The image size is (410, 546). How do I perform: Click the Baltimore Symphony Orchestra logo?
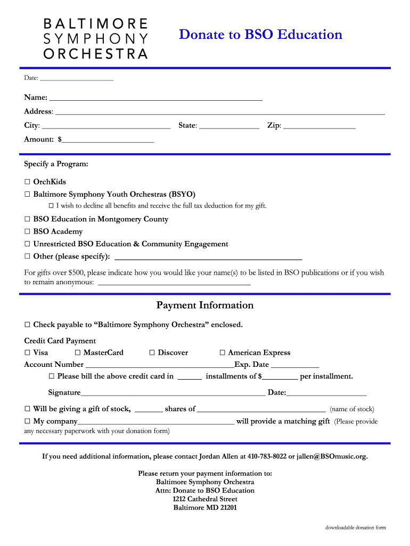point(95,38)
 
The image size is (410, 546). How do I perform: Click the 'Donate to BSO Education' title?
point(260,35)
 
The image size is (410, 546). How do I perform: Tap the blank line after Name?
point(155,98)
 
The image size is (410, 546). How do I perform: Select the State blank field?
point(229,126)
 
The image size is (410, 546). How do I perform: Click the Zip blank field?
point(319,126)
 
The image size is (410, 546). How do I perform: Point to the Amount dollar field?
point(108,140)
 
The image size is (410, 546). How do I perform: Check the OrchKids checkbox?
point(27,182)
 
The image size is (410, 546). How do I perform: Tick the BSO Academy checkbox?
point(27,232)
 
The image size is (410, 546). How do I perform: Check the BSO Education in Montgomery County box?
point(27,219)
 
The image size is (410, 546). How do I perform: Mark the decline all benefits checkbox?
point(51,206)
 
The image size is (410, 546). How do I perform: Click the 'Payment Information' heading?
point(204,306)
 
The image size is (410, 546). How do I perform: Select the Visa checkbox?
point(27,353)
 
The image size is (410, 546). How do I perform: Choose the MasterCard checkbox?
point(78,353)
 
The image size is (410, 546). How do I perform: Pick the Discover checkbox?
point(152,353)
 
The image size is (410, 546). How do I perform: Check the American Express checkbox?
point(223,353)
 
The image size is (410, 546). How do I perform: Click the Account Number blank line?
point(159,365)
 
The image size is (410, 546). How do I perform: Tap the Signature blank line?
point(173,394)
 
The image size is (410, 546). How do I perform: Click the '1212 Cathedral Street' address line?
point(205,499)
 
